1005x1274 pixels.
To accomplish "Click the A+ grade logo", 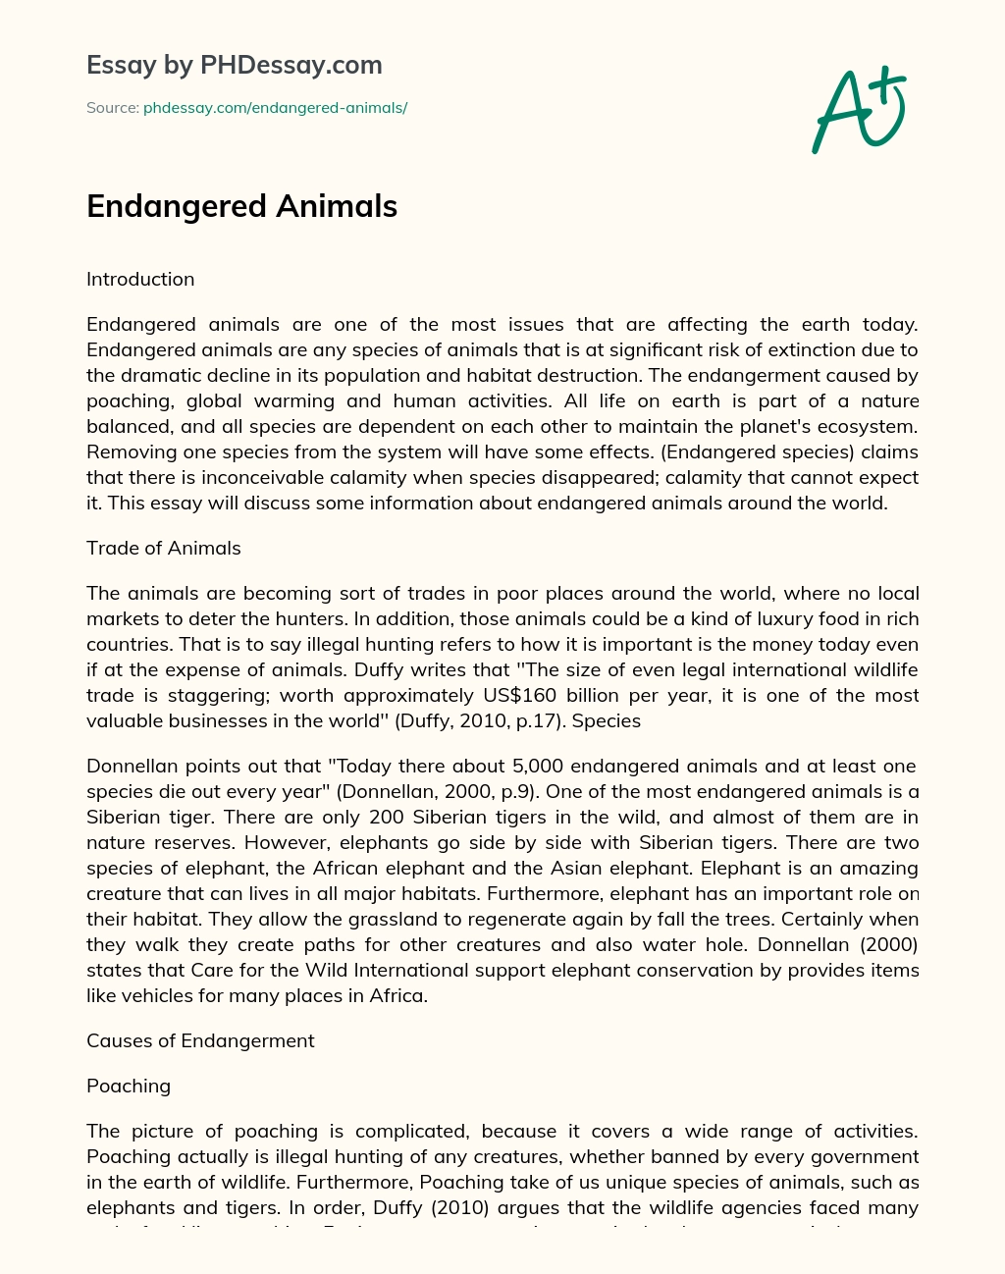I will (859, 109).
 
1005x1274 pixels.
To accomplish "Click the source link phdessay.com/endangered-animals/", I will (275, 108).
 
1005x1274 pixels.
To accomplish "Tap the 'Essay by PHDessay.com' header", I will (234, 66).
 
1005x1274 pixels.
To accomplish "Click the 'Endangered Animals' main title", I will (241, 206).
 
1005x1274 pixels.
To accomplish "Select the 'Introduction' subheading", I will (140, 280).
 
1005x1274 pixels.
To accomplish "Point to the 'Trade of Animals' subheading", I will (163, 549).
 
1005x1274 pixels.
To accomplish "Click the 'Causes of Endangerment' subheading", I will (200, 1041).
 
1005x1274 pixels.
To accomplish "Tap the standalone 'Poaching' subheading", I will (129, 1087).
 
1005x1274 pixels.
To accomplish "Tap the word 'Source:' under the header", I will (112, 108).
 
